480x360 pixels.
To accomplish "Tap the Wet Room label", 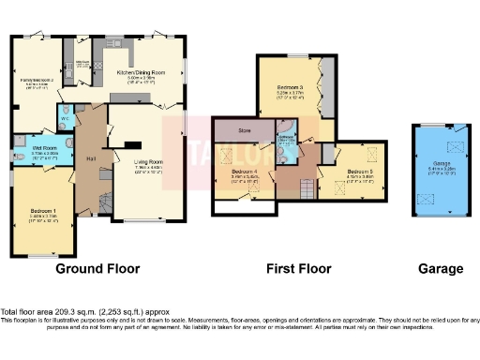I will [42, 147].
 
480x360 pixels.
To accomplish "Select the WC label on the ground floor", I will [65, 119].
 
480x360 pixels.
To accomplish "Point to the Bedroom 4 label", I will [246, 172].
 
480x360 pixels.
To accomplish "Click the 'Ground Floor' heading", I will [97, 269].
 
